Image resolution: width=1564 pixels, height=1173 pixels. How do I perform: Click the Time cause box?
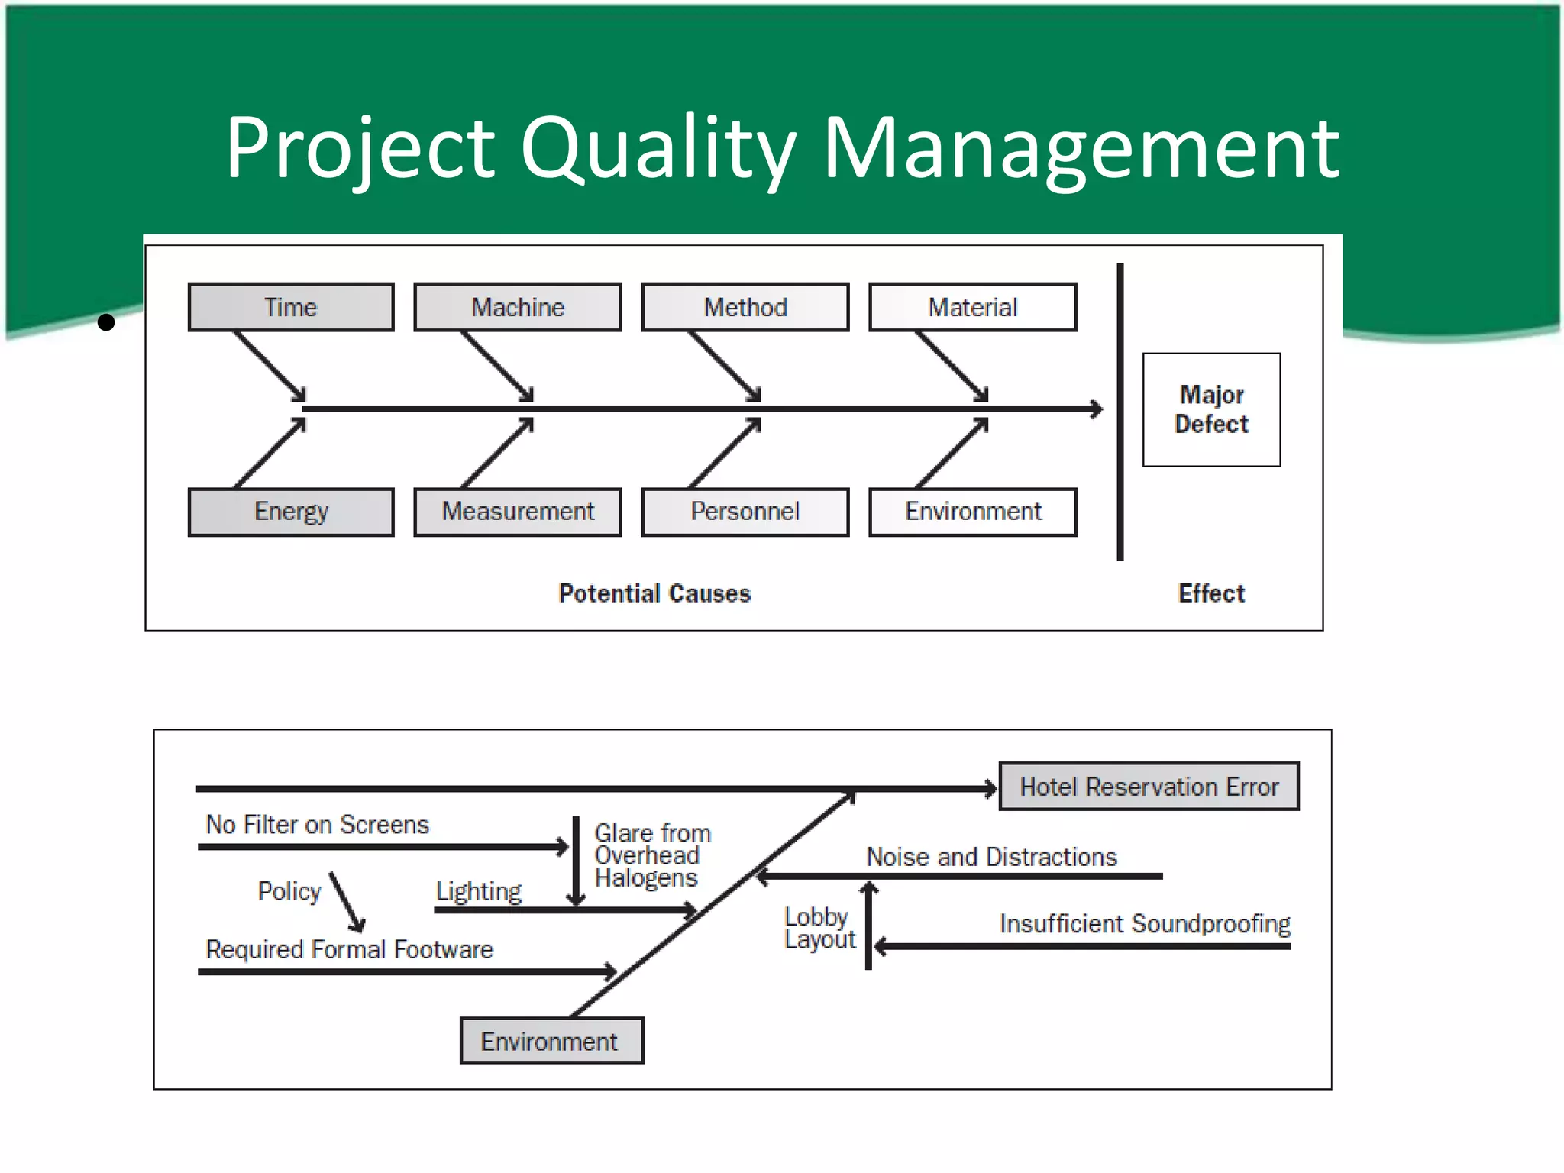(x=291, y=307)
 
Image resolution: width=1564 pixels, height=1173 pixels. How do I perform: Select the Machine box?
(x=518, y=307)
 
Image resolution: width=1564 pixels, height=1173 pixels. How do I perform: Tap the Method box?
(x=745, y=307)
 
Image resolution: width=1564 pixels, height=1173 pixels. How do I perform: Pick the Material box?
(x=972, y=307)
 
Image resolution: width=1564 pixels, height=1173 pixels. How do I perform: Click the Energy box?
(x=291, y=512)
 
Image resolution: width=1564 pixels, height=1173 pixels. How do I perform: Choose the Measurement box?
(x=518, y=512)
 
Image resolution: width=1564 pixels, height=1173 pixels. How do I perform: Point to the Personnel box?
(x=745, y=512)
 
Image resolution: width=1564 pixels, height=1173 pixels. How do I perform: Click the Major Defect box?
(x=1211, y=409)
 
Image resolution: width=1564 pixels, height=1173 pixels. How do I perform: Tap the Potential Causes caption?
(x=654, y=593)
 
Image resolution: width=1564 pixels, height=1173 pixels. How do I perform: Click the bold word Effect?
(x=1211, y=593)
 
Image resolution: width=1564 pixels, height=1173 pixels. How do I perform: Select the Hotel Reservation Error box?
(x=1149, y=787)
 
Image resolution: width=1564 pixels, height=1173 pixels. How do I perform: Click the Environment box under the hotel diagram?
(x=551, y=1041)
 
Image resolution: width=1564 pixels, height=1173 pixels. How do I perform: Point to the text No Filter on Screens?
(x=318, y=825)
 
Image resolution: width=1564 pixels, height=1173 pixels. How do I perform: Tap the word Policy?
(x=289, y=891)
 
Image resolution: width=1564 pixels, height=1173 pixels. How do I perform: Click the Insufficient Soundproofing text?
(x=1145, y=924)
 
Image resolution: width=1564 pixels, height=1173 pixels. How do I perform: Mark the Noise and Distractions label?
(x=991, y=857)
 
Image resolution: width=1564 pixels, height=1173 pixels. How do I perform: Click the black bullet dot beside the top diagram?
(x=106, y=322)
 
